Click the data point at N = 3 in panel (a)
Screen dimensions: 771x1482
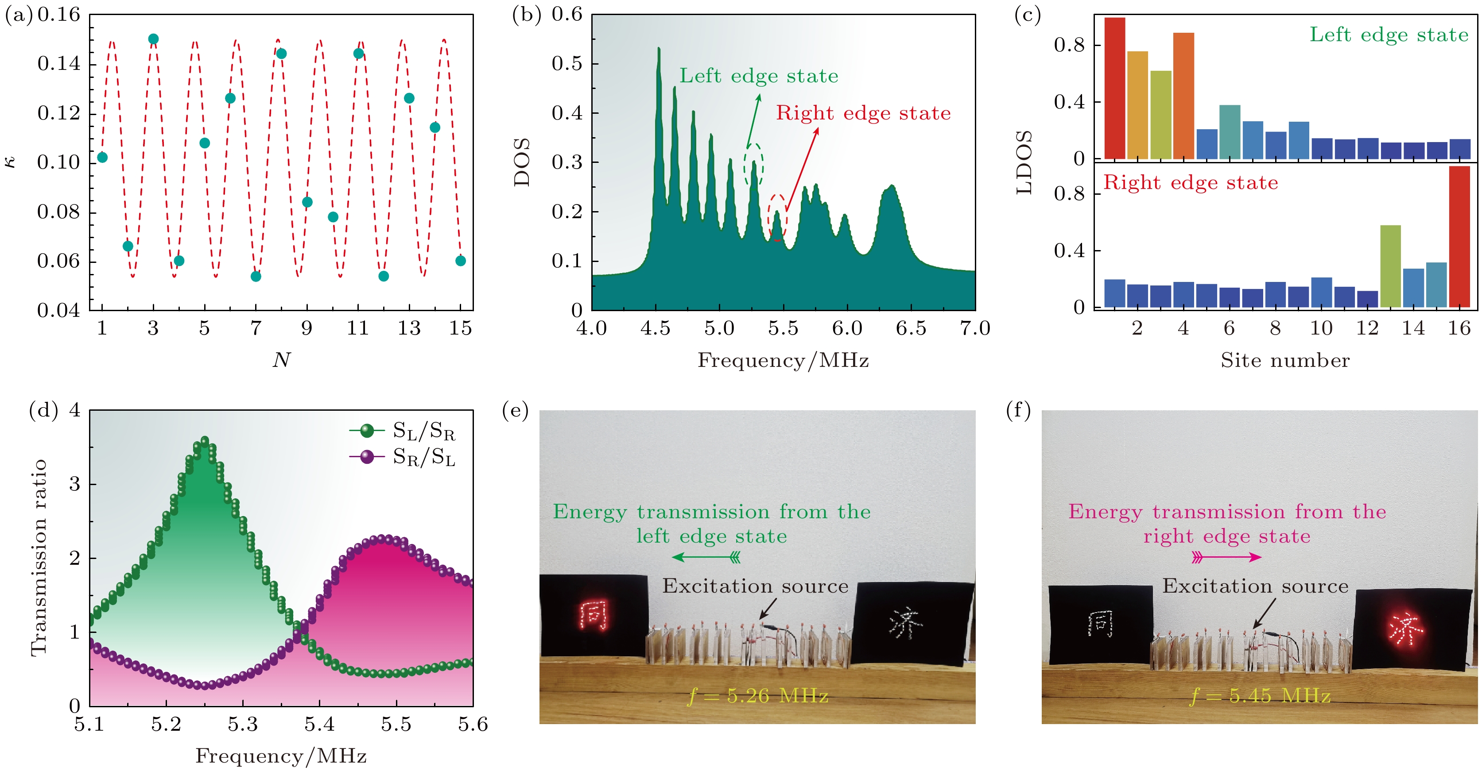click(153, 39)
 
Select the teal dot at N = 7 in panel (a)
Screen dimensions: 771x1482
click(256, 277)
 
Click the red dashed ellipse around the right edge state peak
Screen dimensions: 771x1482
click(777, 217)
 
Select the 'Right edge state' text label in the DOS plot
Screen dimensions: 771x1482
click(863, 113)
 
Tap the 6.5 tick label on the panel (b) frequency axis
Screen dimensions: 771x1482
click(911, 328)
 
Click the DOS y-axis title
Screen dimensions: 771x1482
click(522, 162)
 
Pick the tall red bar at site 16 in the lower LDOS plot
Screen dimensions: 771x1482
click(1459, 236)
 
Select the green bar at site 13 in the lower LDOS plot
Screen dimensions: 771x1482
click(1390, 266)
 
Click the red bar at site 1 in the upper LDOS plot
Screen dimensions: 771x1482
click(1114, 88)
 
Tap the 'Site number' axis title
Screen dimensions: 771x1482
click(1284, 360)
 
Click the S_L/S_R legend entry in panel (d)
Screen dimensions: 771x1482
click(403, 431)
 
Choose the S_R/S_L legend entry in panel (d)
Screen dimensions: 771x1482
click(403, 457)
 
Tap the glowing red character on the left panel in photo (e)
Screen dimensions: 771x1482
click(593, 615)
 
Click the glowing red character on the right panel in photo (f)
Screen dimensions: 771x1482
click(1404, 628)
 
